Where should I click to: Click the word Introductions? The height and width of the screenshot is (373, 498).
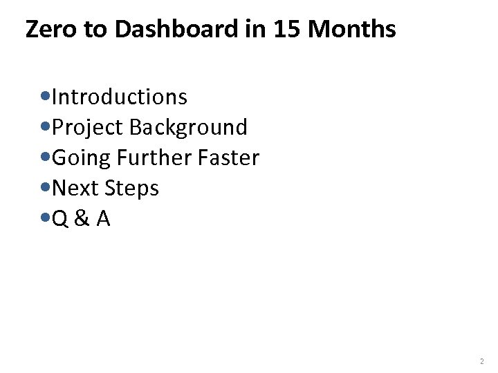point(120,97)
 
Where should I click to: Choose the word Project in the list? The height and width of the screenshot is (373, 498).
point(88,128)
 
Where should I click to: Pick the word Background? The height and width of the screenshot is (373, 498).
point(188,128)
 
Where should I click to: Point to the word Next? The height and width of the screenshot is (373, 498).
point(76,188)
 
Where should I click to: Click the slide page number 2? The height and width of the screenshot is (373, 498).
point(481,361)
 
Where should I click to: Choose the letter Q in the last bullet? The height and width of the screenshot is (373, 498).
point(62,218)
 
